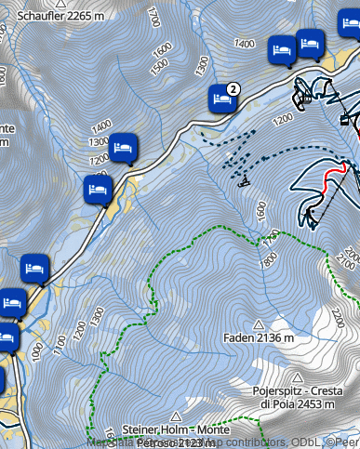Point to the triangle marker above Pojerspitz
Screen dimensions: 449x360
click(x=297, y=378)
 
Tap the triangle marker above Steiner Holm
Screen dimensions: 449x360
click(x=176, y=416)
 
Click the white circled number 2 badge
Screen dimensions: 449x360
click(x=233, y=88)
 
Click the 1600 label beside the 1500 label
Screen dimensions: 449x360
click(x=163, y=46)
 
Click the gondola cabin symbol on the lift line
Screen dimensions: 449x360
click(x=345, y=118)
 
